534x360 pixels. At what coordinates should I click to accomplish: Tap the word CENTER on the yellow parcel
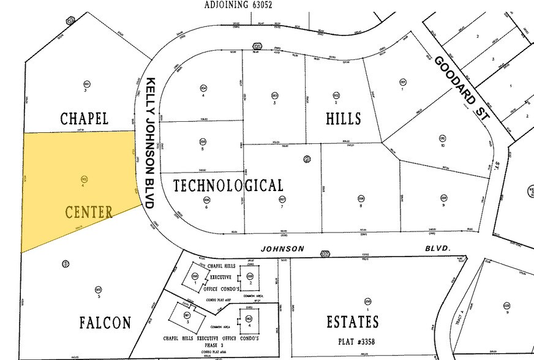click(89, 213)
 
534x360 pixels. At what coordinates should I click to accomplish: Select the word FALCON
click(105, 323)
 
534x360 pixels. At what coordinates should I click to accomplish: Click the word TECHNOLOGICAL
click(228, 186)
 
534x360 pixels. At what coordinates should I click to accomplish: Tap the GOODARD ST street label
click(459, 86)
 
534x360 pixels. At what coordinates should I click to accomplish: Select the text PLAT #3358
click(352, 340)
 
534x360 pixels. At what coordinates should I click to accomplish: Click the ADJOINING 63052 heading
click(238, 5)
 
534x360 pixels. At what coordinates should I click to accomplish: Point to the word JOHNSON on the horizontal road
click(282, 249)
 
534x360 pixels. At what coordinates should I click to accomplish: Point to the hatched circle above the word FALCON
click(65, 264)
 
